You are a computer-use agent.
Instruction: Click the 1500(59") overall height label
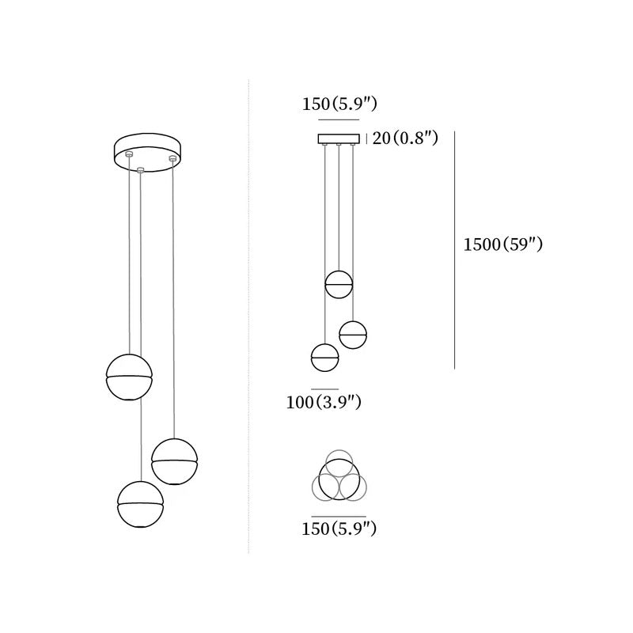(502, 244)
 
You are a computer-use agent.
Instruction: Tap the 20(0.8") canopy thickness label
(405, 138)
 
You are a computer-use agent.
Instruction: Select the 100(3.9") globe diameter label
(324, 402)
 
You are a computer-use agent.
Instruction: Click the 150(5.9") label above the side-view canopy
(339, 104)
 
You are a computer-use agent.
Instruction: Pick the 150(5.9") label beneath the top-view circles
(339, 529)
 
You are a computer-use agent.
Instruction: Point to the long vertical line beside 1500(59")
(454, 250)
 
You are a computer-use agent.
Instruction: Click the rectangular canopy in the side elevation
(339, 138)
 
